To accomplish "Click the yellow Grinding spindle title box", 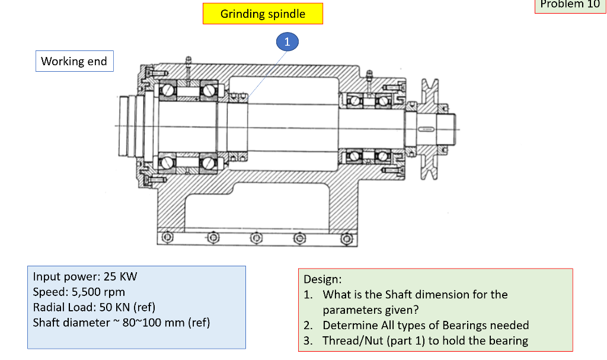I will [x=263, y=14].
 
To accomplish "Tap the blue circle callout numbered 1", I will [x=287, y=42].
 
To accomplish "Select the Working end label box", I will [x=74, y=61].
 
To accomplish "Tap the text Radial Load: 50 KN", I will [x=94, y=307].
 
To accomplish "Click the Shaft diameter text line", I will [x=122, y=323].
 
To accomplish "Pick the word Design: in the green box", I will [x=322, y=279].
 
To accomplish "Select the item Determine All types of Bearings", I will [x=425, y=325].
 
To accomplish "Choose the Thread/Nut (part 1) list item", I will [x=424, y=340].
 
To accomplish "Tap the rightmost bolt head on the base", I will [x=347, y=238].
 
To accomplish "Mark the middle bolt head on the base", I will [x=255, y=238].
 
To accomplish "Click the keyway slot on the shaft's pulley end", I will [x=426, y=128].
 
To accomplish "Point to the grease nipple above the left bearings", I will [x=187, y=60].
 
